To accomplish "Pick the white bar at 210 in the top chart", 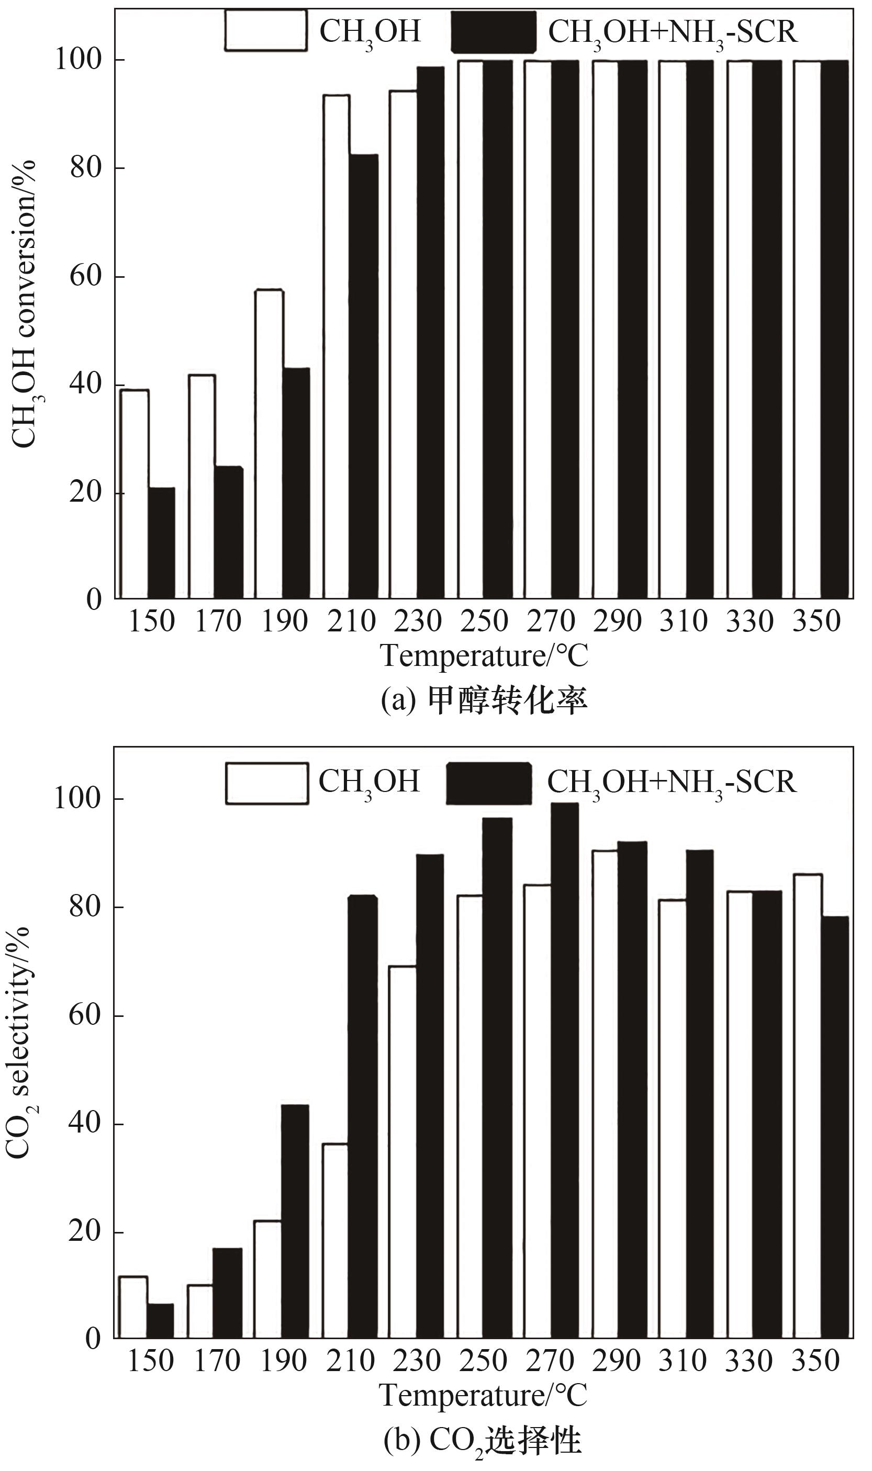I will [336, 346].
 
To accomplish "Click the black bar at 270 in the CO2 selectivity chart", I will [565, 1074].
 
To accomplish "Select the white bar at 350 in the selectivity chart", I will [808, 1110].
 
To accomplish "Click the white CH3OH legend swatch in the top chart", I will [265, 31].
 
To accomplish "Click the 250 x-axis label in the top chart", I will [484, 621].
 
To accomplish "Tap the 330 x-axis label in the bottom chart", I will [748, 1361].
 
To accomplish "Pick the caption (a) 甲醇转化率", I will [484, 700].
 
